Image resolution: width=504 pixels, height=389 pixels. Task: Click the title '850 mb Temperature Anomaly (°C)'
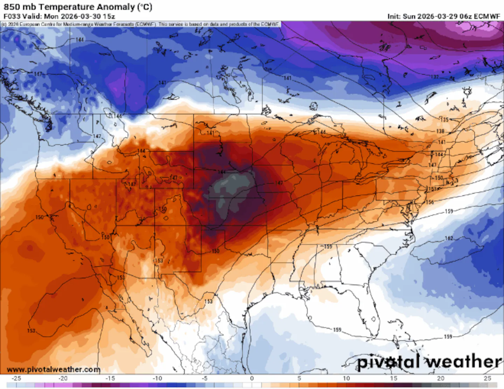(x=78, y=7)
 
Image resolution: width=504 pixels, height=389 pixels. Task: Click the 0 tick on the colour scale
(x=252, y=378)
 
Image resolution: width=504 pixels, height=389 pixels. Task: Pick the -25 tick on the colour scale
(x=16, y=378)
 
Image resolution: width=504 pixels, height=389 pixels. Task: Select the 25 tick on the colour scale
(x=487, y=378)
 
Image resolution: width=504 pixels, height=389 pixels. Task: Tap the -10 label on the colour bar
(x=157, y=378)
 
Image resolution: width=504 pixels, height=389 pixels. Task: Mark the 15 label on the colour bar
(x=393, y=378)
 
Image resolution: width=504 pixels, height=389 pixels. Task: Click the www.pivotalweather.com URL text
(x=54, y=369)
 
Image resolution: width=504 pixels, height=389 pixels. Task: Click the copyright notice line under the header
(x=140, y=24)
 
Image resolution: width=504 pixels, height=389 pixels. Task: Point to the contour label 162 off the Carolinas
(x=449, y=238)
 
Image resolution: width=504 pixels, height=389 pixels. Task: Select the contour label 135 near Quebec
(x=444, y=120)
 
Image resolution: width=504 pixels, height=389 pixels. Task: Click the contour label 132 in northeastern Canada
(x=435, y=77)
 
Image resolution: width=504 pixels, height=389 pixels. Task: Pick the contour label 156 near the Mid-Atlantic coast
(x=430, y=202)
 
